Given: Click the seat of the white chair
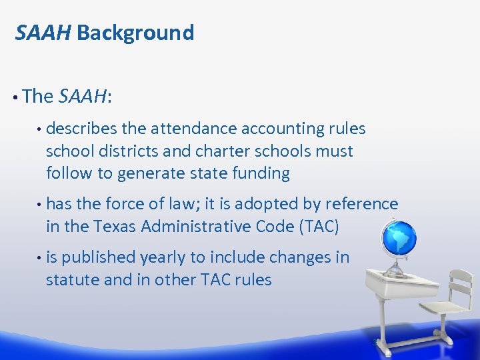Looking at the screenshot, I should (x=441, y=308).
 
